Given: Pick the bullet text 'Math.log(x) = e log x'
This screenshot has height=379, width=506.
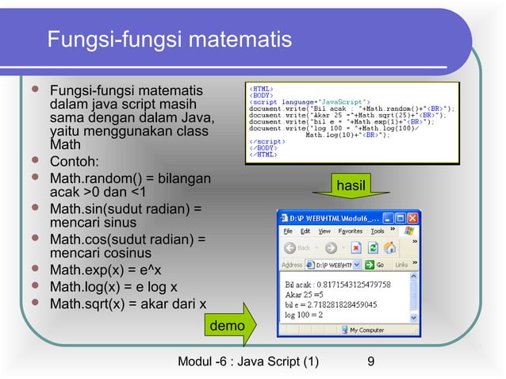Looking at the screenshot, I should click(x=113, y=286).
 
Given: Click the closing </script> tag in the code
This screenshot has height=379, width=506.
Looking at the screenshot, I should click(x=265, y=142).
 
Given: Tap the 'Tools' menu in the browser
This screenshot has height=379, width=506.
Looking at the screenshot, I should click(x=378, y=232).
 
